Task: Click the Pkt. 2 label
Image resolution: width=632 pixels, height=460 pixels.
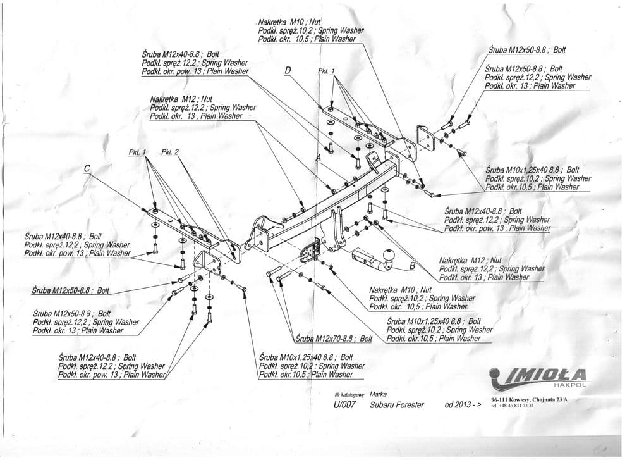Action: (x=171, y=152)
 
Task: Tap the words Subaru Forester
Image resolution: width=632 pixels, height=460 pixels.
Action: (x=397, y=405)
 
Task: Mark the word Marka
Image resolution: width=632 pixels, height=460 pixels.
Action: (x=379, y=394)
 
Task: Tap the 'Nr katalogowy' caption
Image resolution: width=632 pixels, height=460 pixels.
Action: (x=346, y=394)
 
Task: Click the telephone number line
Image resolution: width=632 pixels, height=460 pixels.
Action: (x=513, y=406)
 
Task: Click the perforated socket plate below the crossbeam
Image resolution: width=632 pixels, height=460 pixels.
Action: (x=308, y=251)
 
